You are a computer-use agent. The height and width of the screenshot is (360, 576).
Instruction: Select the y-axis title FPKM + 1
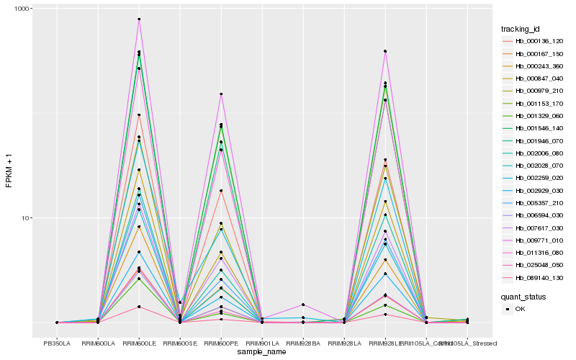pos(9,170)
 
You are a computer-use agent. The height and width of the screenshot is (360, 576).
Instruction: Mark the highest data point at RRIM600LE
pos(139,19)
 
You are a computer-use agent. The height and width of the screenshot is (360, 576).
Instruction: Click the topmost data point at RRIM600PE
pos(221,94)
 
